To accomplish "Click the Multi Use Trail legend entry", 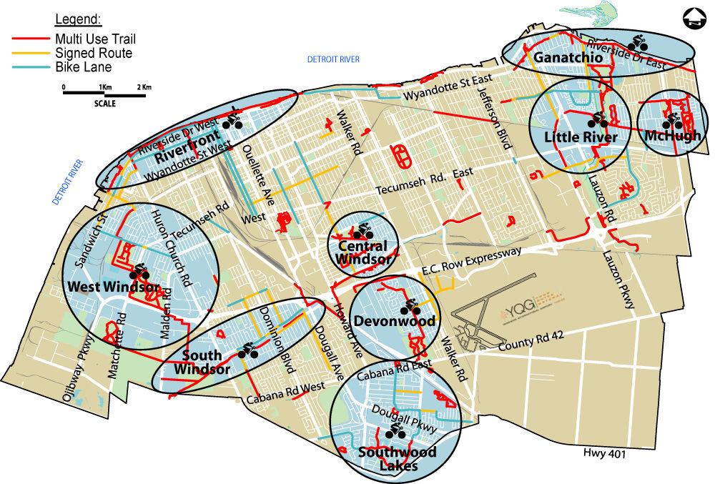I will point(79,39).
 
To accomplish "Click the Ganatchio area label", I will point(562,56).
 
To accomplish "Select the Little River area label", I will point(580,137).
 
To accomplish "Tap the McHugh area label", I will point(671,136).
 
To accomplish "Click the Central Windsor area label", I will point(363,252).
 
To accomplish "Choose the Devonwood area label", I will point(395,321).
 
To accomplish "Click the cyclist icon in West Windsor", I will point(139,271).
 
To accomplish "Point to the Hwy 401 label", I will point(603,454).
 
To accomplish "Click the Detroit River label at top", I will point(332,59).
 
